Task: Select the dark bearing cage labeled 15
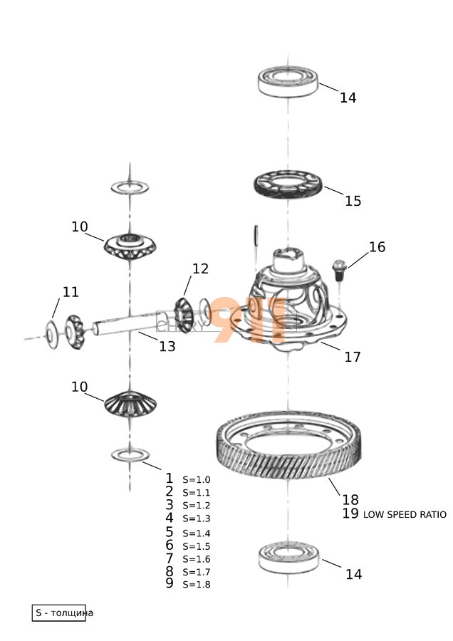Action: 288,184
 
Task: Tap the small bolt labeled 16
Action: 339,270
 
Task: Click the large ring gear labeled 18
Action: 288,444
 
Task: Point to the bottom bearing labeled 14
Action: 288,557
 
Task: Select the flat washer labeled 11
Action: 51,335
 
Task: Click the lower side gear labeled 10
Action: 130,403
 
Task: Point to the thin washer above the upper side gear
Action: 130,187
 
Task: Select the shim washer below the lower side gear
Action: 130,454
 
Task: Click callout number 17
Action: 353,357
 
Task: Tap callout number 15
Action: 353,201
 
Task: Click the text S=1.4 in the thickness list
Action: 197,533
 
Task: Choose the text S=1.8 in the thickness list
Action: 197,585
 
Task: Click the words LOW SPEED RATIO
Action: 405,515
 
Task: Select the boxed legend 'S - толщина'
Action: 59,613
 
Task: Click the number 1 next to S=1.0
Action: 170,478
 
